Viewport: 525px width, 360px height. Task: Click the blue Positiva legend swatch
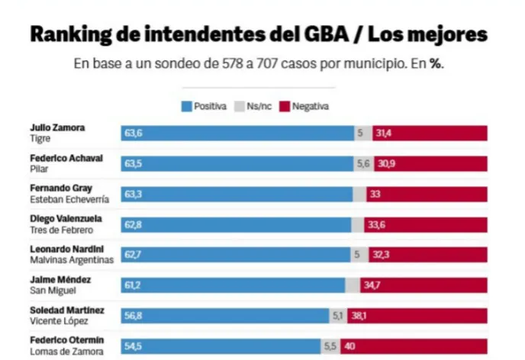coord(186,106)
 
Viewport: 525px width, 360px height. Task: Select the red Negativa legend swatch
coord(285,106)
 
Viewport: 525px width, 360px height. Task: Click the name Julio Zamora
coord(56,127)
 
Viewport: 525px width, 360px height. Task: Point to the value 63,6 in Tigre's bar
coord(134,133)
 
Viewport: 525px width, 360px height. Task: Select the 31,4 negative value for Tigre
coord(384,133)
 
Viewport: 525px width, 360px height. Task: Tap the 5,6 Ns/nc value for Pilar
coord(362,163)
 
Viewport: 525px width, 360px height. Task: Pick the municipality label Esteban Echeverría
coord(69,199)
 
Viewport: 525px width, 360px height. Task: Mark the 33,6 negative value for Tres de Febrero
coord(378,224)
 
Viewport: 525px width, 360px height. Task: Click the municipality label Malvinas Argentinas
coord(71,259)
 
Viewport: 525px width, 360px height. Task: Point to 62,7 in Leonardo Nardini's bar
coord(134,254)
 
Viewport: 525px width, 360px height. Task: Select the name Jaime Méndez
coord(60,279)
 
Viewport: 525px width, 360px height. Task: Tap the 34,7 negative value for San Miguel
coord(373,284)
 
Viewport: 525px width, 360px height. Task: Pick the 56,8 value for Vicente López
coord(134,315)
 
